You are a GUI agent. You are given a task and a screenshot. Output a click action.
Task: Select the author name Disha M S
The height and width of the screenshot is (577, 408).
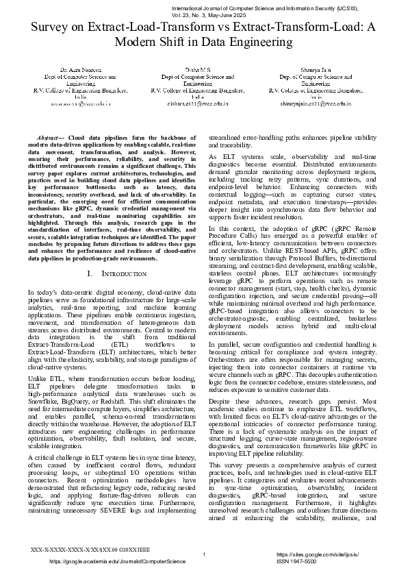click(198, 71)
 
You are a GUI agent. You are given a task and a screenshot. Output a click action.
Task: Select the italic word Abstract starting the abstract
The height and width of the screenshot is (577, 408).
click(51, 138)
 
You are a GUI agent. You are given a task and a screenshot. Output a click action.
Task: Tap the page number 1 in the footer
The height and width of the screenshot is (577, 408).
click(204, 554)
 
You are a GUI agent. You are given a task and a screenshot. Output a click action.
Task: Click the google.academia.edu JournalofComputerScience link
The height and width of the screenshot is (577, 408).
click(117, 561)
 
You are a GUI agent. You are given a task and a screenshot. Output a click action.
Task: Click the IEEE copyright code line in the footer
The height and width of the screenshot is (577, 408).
click(78, 550)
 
